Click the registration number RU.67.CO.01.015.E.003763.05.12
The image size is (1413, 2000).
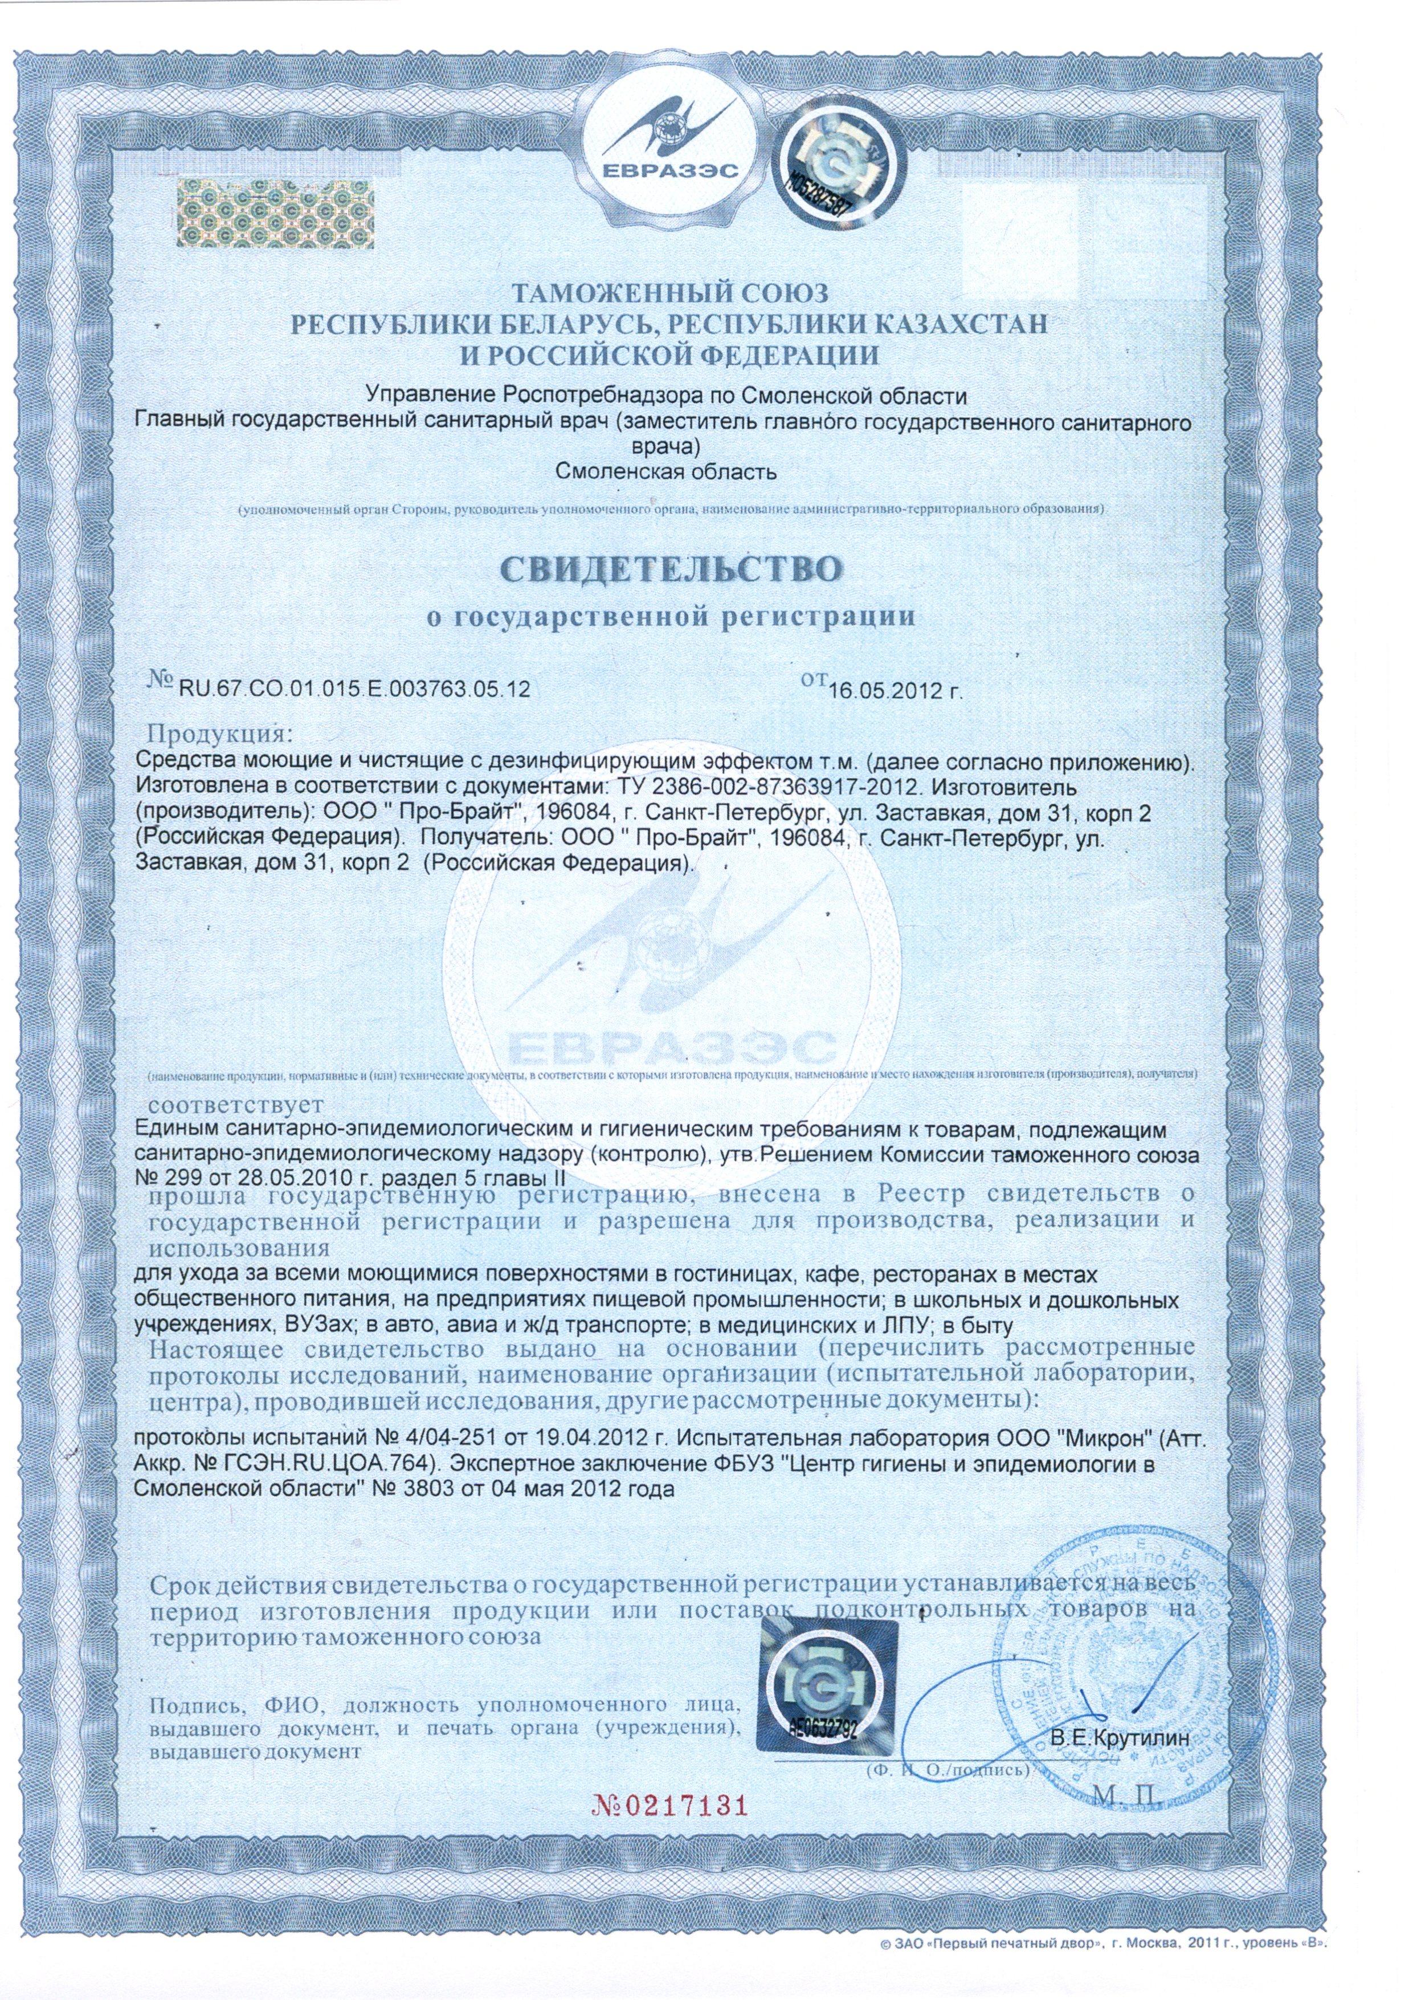tap(354, 690)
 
